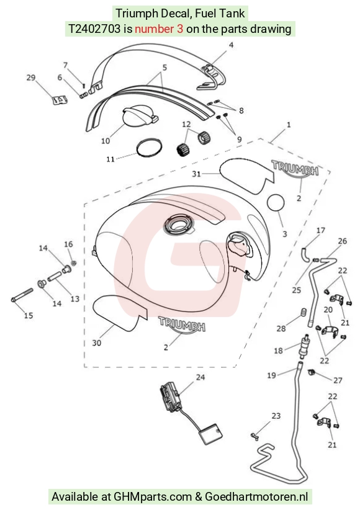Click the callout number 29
(x=31, y=78)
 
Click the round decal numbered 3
(x=276, y=202)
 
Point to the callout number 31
(x=196, y=174)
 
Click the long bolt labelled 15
(x=22, y=295)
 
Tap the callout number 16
(x=68, y=244)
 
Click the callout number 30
(x=97, y=343)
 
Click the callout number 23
(x=276, y=416)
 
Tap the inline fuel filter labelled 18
(x=305, y=345)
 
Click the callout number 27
(x=338, y=380)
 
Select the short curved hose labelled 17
(x=306, y=254)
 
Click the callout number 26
(x=343, y=241)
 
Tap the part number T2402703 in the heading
(x=94, y=29)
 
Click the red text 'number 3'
(x=159, y=29)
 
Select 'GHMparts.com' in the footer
(x=153, y=497)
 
